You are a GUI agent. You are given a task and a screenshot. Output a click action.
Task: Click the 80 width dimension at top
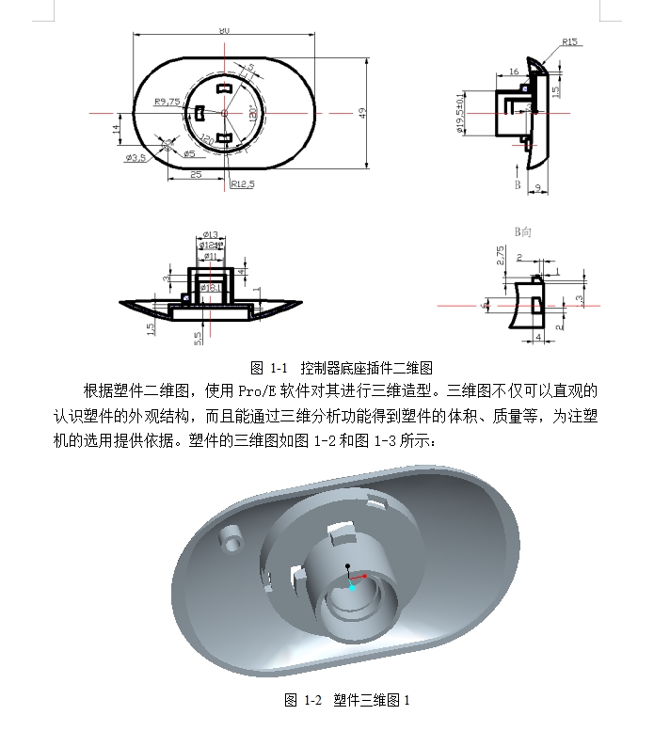(224, 31)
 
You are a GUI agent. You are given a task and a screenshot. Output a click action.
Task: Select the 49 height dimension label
(361, 112)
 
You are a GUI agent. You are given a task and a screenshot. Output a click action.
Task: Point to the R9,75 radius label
(167, 102)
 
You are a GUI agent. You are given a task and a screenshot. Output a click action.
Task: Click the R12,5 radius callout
(243, 184)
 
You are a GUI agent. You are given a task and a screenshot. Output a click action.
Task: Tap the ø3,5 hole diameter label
(136, 158)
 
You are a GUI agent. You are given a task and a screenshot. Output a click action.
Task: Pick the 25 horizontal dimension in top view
(196, 174)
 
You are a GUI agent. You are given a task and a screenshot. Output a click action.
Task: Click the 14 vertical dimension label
(116, 129)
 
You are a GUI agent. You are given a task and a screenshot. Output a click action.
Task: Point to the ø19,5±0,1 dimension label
(460, 113)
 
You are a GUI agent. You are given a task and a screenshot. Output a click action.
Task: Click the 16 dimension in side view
(514, 72)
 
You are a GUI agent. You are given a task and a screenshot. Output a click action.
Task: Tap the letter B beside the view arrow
(517, 185)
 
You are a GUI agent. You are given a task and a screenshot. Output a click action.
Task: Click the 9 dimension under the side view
(535, 188)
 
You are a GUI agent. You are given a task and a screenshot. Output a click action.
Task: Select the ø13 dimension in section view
(210, 235)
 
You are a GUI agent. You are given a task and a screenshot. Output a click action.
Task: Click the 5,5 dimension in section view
(198, 337)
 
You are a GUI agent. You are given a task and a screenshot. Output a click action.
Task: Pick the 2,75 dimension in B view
(501, 255)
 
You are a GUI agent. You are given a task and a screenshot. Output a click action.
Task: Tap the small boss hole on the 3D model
(231, 536)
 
